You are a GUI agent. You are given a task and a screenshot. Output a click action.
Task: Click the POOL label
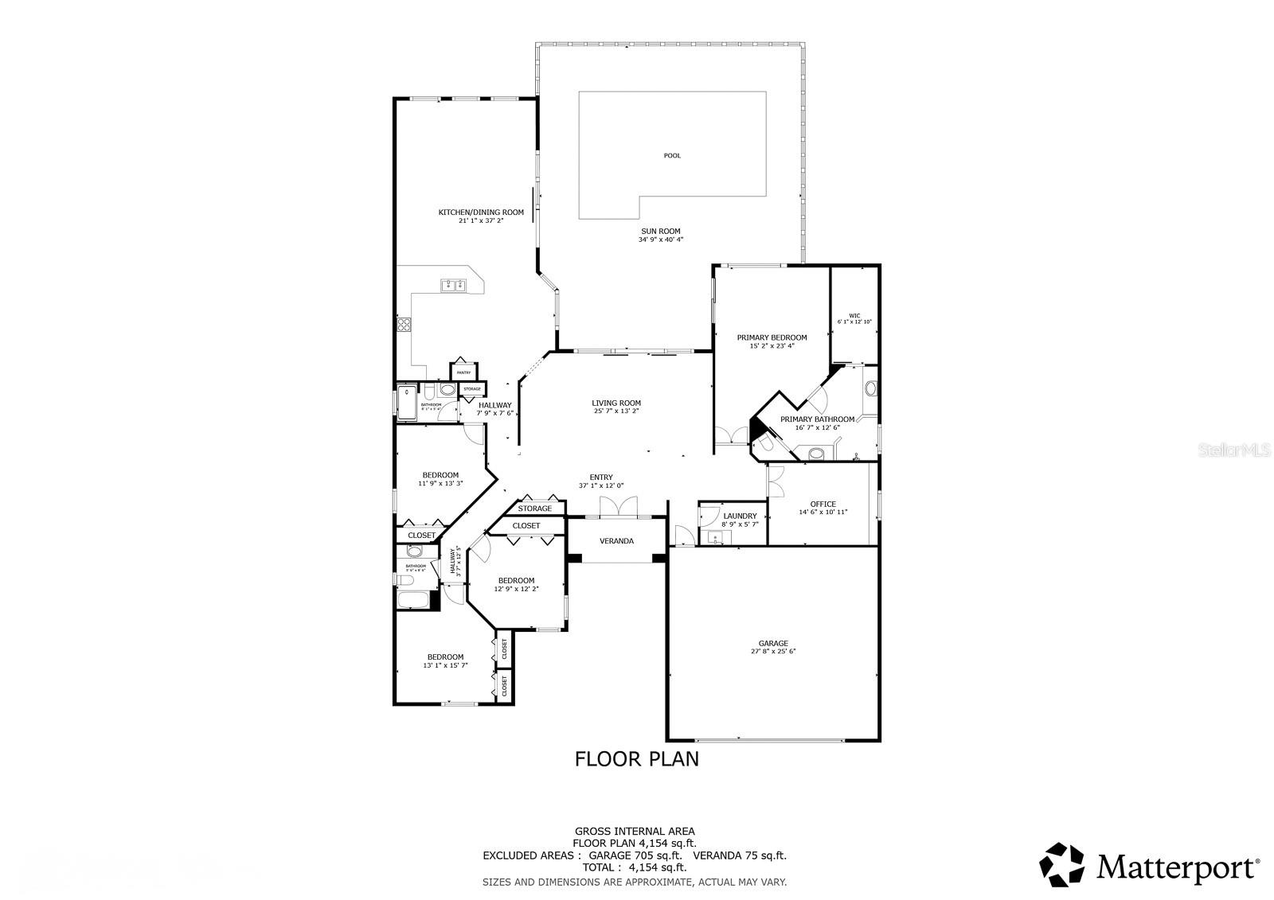click(x=672, y=156)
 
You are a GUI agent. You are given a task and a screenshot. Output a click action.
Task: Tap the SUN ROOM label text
click(x=660, y=231)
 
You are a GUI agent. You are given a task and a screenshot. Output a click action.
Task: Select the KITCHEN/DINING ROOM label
click(x=481, y=212)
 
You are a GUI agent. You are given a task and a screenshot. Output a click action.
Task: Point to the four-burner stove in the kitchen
click(x=404, y=324)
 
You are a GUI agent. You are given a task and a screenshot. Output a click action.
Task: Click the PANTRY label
click(x=463, y=372)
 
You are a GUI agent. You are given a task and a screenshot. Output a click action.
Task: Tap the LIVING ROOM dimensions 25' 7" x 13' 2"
click(x=616, y=411)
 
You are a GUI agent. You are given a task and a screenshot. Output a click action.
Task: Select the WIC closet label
click(x=854, y=315)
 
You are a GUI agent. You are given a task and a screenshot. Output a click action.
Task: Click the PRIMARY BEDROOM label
click(x=771, y=337)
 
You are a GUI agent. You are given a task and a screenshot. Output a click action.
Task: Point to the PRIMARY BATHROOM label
click(x=817, y=419)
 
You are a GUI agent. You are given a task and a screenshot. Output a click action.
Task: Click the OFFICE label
click(x=823, y=504)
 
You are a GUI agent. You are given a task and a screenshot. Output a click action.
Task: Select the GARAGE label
click(x=772, y=643)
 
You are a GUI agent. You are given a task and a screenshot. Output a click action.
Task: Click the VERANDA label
click(x=616, y=541)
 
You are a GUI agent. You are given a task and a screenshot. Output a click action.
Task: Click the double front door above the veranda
click(x=618, y=507)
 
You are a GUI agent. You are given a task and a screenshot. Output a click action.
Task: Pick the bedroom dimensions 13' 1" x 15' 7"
click(x=444, y=665)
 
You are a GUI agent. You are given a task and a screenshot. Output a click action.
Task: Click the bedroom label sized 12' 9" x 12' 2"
click(x=516, y=580)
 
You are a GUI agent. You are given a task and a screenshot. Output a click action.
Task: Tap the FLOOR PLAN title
click(x=636, y=758)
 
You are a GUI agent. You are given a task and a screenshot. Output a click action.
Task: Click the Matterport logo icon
click(x=1062, y=864)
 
